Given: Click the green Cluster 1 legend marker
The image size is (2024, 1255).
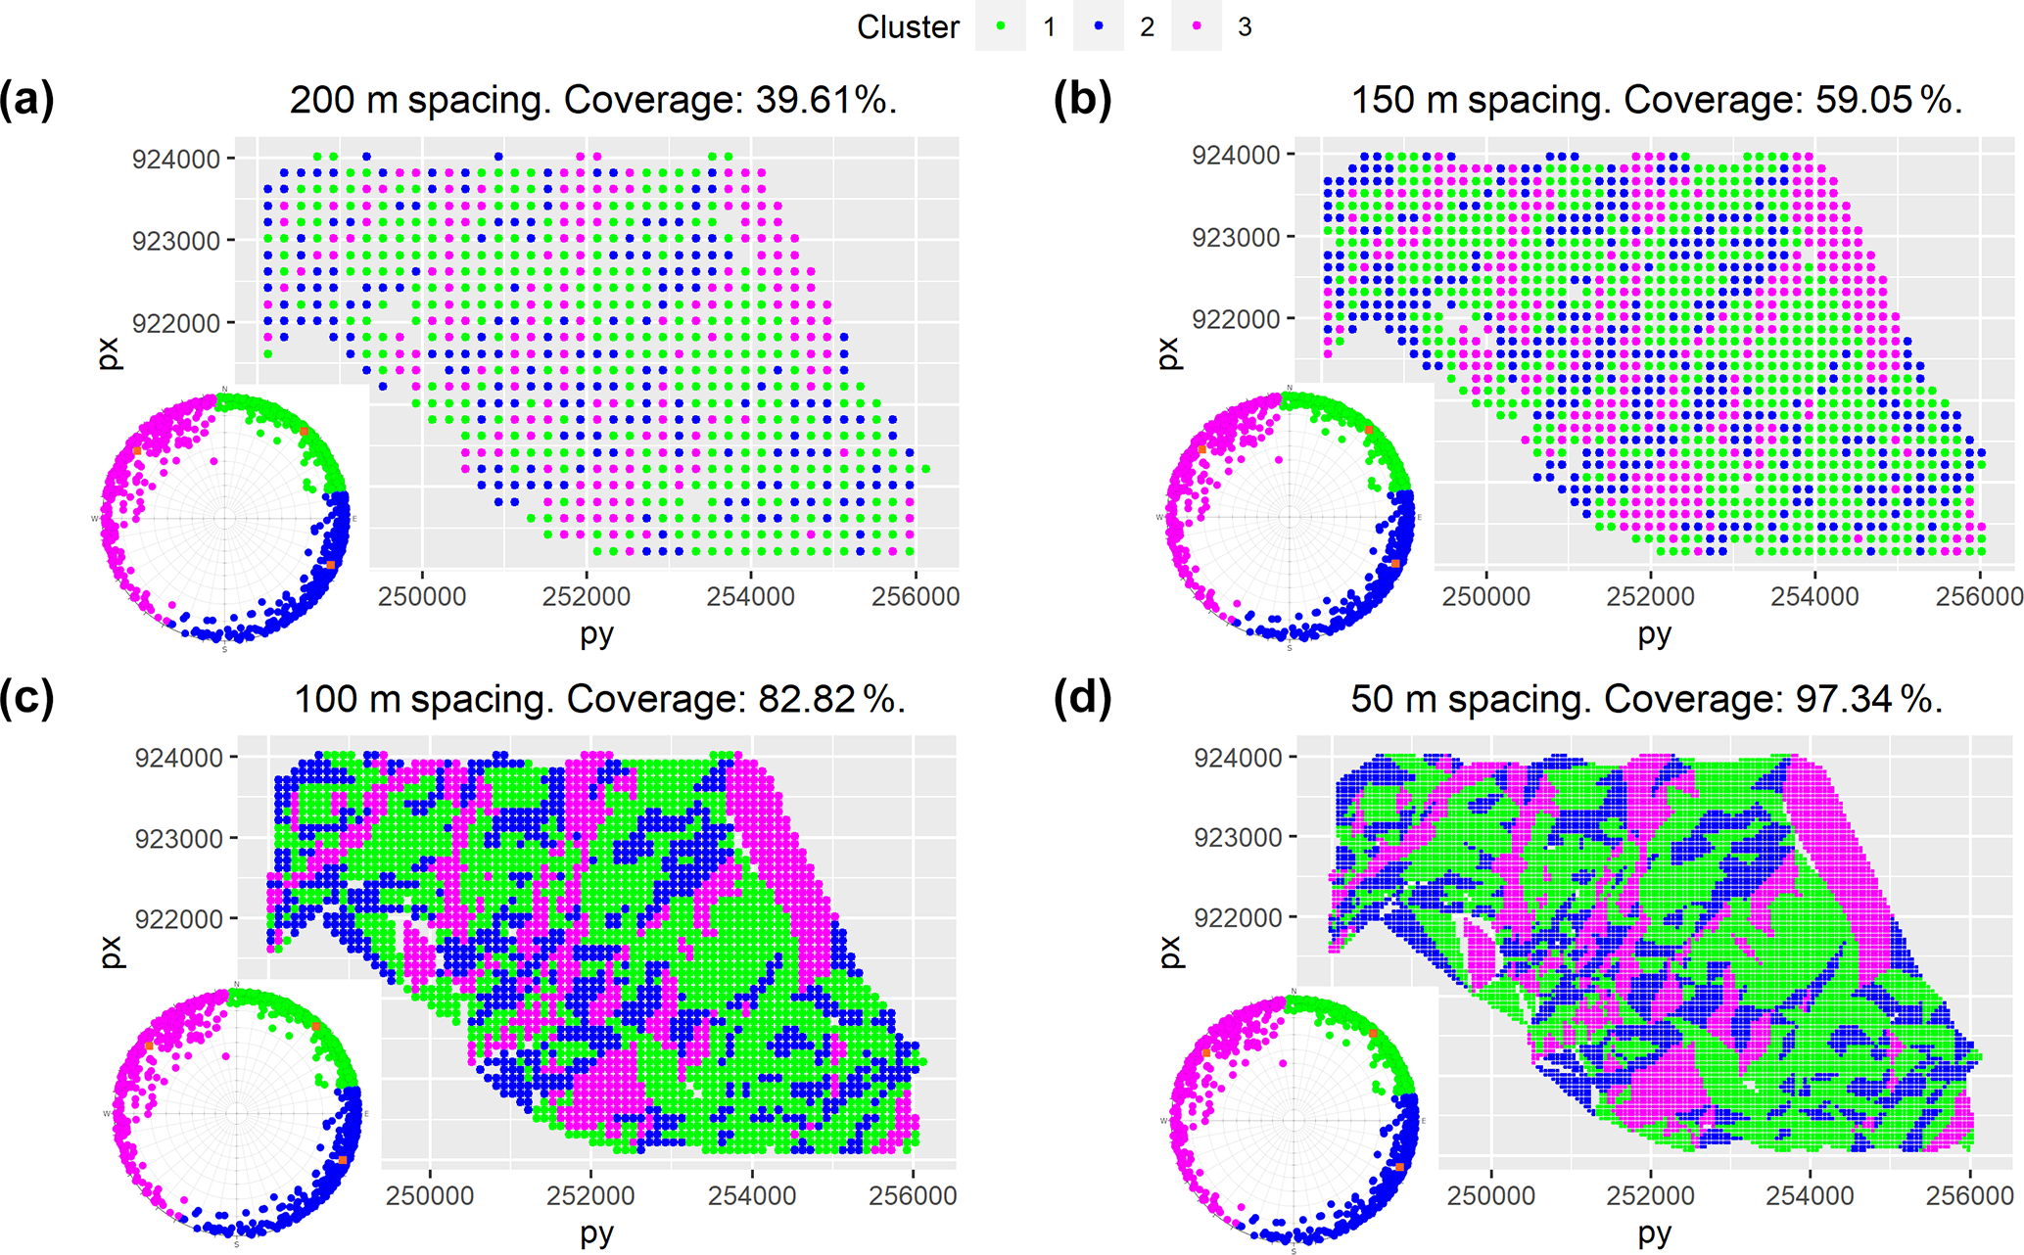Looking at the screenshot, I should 1001,26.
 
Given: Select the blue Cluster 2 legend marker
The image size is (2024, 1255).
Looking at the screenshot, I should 1099,26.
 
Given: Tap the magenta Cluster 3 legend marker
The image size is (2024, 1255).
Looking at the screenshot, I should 1197,26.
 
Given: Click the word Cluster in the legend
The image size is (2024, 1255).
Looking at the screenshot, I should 908,27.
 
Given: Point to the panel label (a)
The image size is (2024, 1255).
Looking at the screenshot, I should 26,100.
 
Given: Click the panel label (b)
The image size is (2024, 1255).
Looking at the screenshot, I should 1082,100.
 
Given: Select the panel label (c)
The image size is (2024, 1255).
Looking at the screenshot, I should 26,698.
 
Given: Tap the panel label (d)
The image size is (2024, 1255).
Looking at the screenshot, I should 1082,698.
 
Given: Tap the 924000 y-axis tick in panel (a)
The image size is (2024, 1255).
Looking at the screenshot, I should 176,159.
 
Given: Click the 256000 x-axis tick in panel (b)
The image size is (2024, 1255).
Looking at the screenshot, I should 1979,596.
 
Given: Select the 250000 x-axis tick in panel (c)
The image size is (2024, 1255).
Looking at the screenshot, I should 430,1195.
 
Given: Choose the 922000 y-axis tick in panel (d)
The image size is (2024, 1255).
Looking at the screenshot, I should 1238,917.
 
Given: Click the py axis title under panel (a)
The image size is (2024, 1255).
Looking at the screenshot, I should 596,633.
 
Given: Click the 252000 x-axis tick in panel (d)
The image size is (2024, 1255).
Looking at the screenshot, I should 1651,1195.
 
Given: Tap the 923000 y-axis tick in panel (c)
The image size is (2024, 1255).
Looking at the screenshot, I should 179,839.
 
